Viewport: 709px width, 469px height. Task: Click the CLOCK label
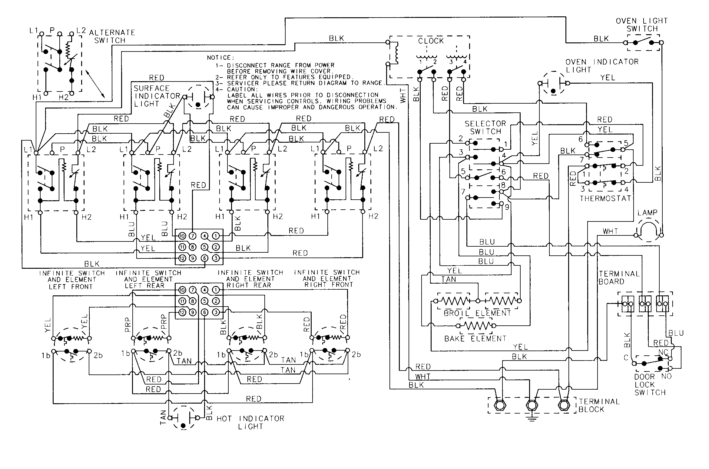[431, 41]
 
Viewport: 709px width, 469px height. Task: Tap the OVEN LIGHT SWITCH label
[642, 25]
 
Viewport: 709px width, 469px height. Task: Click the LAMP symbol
[648, 231]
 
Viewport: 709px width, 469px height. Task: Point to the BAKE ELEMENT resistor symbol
[476, 326]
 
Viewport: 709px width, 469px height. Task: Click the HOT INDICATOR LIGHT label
[250, 422]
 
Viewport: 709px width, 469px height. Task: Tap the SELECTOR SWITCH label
[485, 128]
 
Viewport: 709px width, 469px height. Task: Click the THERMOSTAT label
[605, 198]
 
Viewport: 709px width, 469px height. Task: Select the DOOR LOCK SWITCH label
[650, 385]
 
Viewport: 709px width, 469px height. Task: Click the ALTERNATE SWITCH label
[112, 36]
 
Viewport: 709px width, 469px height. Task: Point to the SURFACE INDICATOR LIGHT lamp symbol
[198, 97]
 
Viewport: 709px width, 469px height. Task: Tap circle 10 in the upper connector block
[182, 236]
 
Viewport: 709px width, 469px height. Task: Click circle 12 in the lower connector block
[182, 312]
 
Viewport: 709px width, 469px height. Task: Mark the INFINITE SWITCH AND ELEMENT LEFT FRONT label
[72, 280]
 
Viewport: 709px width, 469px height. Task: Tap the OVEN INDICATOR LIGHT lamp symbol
[554, 83]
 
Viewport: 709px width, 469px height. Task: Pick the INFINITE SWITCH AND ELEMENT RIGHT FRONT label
[327, 278]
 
